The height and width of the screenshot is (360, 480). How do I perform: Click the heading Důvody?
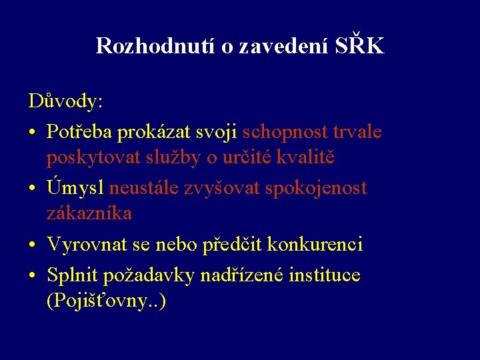(x=65, y=101)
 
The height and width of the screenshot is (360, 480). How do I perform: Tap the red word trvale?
(x=359, y=132)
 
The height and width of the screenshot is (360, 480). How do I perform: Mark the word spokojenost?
(x=316, y=189)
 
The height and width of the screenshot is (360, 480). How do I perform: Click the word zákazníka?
(x=89, y=213)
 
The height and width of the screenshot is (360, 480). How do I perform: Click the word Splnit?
(x=72, y=274)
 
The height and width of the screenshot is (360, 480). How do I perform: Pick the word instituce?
(x=325, y=274)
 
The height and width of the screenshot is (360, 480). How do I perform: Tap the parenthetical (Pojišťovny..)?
(x=106, y=301)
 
